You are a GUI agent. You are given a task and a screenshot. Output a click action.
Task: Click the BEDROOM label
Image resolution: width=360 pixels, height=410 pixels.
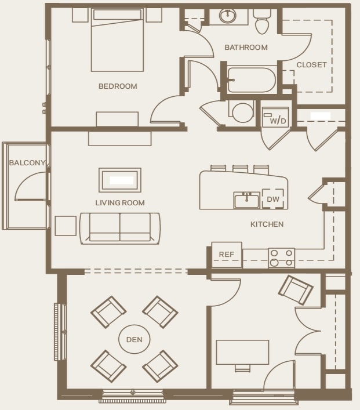[x=118, y=86]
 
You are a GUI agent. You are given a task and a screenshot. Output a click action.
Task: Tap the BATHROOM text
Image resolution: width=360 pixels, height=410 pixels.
[x=246, y=48]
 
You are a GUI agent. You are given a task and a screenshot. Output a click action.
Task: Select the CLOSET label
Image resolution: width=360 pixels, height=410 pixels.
[x=311, y=65]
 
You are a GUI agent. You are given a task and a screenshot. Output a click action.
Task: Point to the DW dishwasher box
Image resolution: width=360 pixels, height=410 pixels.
[x=274, y=199]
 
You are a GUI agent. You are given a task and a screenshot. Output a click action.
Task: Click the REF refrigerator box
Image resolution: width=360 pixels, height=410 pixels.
[x=226, y=255]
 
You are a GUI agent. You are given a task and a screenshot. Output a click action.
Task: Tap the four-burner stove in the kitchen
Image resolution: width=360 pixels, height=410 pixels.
[x=281, y=257]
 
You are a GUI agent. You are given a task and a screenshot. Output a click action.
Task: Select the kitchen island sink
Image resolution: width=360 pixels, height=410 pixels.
[x=247, y=200]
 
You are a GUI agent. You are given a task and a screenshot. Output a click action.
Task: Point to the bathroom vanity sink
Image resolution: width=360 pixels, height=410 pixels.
[x=228, y=16]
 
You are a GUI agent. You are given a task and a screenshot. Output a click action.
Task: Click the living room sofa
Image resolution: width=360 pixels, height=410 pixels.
[x=120, y=227]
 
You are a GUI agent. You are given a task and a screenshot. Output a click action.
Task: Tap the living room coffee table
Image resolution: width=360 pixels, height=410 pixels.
[x=120, y=180]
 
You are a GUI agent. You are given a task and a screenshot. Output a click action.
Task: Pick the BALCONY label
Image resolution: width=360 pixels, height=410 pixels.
[x=26, y=163]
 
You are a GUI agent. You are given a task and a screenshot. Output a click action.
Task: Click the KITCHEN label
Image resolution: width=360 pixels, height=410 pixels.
[x=267, y=224]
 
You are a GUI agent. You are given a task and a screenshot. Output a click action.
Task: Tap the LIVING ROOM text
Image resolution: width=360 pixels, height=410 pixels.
[x=120, y=203]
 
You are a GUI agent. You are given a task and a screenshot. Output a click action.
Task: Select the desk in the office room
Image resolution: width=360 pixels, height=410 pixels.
[x=242, y=351]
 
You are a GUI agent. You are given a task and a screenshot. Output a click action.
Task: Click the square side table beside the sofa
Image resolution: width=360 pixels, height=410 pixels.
[x=66, y=226]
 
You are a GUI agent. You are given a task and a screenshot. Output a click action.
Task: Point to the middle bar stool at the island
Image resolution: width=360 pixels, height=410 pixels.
[x=240, y=169]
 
